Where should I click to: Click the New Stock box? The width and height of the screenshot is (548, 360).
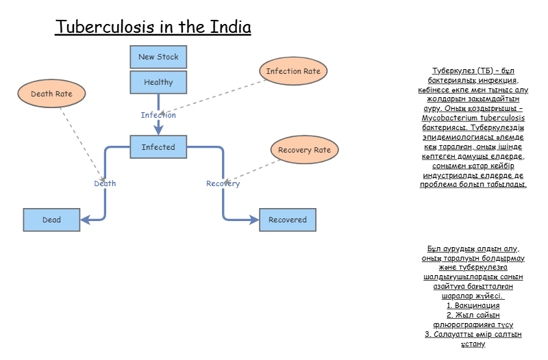coord(158,57)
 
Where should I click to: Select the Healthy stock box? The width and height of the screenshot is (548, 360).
coord(158,83)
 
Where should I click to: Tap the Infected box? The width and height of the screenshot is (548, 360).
coord(158,147)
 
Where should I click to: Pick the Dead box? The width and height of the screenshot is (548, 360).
coord(51,220)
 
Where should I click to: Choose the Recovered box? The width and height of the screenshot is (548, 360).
coord(288,220)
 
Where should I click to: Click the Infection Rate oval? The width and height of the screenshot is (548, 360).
coord(293,71)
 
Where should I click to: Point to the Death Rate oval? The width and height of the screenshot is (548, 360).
coord(51,94)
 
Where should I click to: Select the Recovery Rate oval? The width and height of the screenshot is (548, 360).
coord(305,150)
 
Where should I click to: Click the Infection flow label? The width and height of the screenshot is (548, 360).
coord(158,115)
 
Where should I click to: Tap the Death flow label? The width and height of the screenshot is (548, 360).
coord(105,183)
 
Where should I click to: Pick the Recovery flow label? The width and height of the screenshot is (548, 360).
coord(223,183)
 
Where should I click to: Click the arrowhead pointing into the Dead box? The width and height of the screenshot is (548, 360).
coord(85,220)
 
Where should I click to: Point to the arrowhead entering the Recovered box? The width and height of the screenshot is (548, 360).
coord(254,220)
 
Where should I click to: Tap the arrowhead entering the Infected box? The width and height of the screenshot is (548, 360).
coord(158,131)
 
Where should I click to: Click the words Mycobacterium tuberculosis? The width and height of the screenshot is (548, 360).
coord(473,118)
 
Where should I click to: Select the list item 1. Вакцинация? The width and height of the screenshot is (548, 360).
coord(473,306)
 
